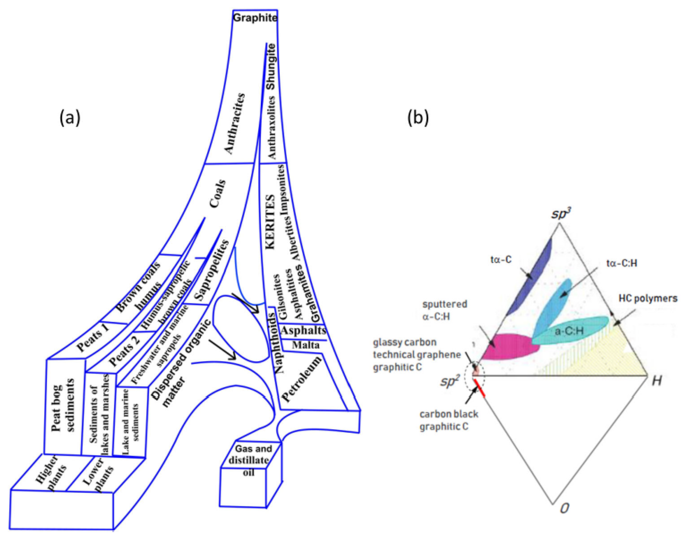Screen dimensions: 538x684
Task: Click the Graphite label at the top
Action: pos(255,18)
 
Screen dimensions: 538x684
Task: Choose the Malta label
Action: pos(306,345)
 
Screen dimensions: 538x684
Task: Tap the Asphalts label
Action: pos(303,330)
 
